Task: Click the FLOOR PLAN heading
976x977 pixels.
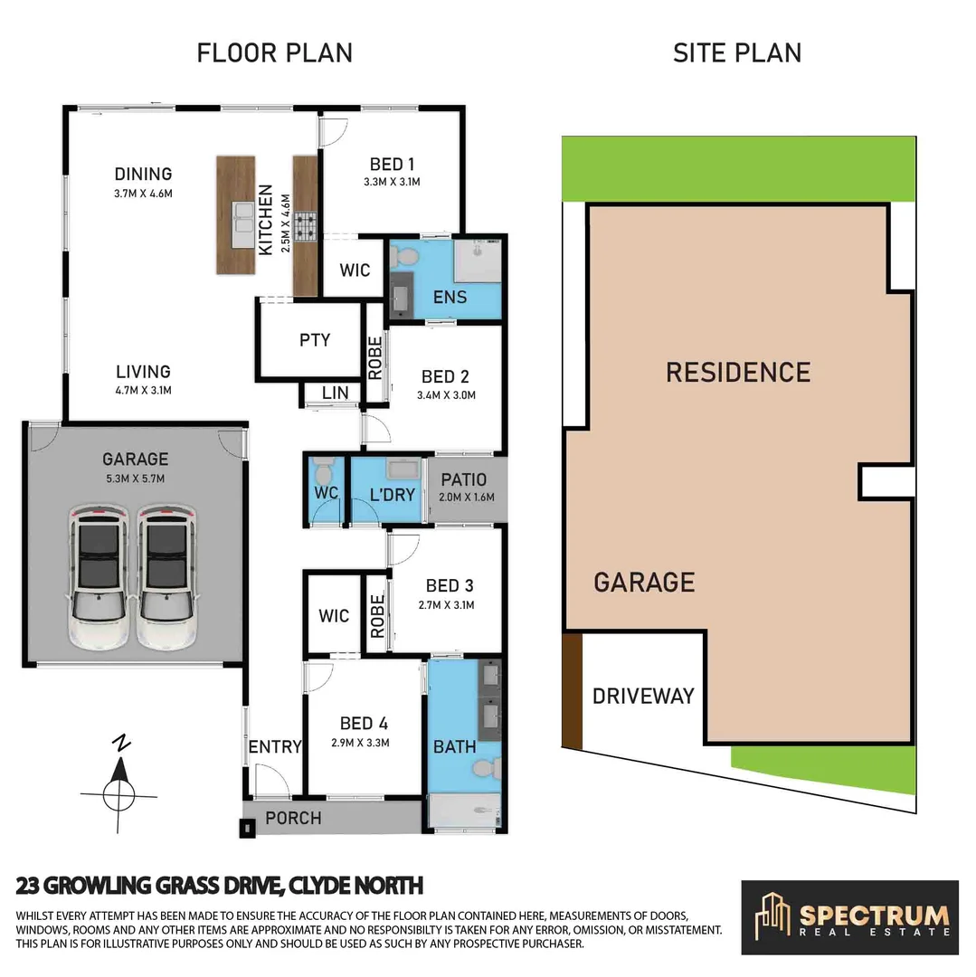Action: coord(274,52)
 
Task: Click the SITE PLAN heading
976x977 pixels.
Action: coord(736,52)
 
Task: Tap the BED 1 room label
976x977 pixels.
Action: coord(392,165)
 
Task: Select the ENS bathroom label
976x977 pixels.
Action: coord(450,296)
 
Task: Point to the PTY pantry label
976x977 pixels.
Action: coord(315,340)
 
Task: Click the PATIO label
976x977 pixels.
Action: coord(463,479)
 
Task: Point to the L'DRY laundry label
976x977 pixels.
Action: coord(393,495)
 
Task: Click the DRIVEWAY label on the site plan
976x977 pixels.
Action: coord(643,696)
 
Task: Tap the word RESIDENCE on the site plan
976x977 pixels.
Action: coord(738,372)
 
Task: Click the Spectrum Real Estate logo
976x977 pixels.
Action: coord(849,917)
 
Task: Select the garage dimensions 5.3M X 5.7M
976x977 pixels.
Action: coord(135,479)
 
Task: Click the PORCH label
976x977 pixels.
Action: coord(293,818)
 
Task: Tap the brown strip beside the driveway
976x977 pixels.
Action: coord(572,689)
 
